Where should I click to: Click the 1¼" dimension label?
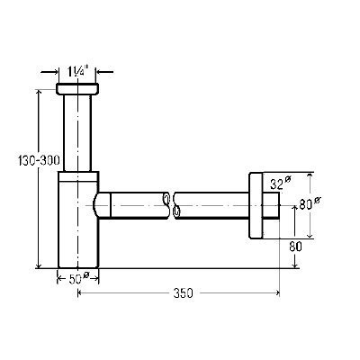pos(76,72)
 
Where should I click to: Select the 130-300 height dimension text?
pos(39,161)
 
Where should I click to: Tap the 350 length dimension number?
pos(184,292)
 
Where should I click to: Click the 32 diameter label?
pos(281,183)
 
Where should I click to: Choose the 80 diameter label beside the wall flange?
pos(310,203)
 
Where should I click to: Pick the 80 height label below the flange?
pos(295,247)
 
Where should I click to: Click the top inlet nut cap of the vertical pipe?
pos(77,89)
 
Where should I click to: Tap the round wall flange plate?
pos(256,205)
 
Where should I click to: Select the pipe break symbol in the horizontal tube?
pos(172,205)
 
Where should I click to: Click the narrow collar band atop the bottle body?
pos(78,176)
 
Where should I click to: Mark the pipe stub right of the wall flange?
pos(271,205)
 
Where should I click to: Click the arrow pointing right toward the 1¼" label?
pos(49,72)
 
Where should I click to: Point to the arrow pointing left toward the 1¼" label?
pos(104,72)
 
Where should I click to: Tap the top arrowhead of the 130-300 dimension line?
pos(38,92)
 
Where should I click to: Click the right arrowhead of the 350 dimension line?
pos(276,292)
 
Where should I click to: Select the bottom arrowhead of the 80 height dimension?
pos(295,265)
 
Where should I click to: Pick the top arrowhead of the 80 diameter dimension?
pos(310,176)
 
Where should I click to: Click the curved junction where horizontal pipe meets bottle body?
pos(95,205)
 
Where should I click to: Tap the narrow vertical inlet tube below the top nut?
pos(77,133)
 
